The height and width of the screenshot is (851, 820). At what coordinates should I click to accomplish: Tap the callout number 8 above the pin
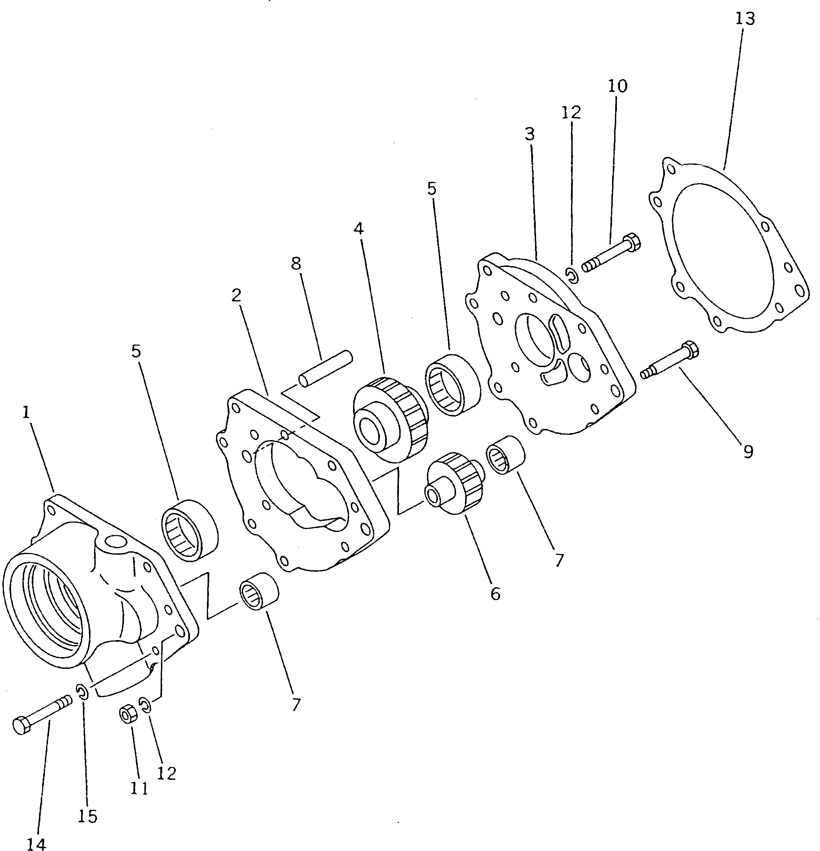[296, 263]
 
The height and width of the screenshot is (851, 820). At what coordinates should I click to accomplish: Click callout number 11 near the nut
[139, 788]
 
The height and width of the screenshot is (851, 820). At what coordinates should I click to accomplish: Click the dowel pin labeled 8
[325, 368]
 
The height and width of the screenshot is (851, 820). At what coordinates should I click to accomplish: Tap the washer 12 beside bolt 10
[572, 275]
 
